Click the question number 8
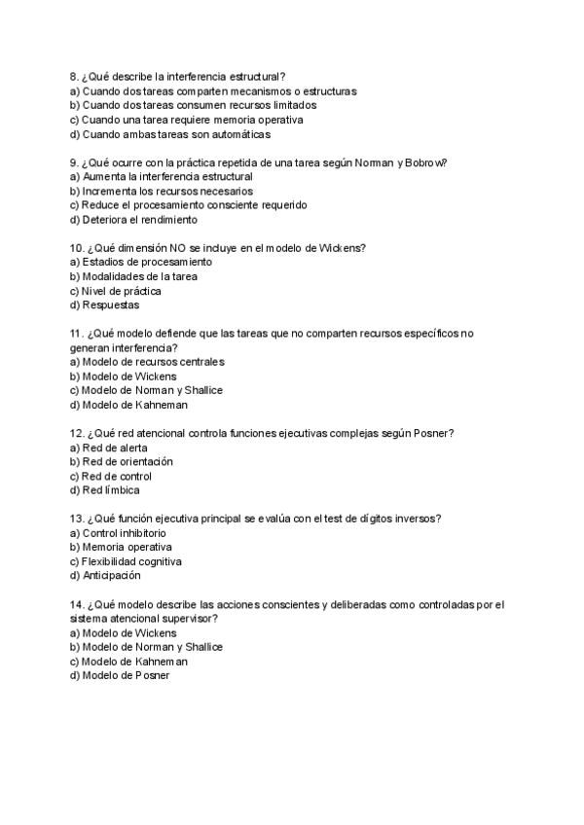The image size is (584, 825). click(75, 77)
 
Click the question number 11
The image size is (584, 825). click(78, 334)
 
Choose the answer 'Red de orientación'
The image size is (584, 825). click(128, 462)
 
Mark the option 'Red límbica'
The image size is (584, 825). click(111, 490)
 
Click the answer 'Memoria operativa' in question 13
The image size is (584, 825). click(127, 548)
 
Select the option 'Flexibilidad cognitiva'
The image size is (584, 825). click(131, 562)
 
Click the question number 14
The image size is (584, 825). click(78, 604)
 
